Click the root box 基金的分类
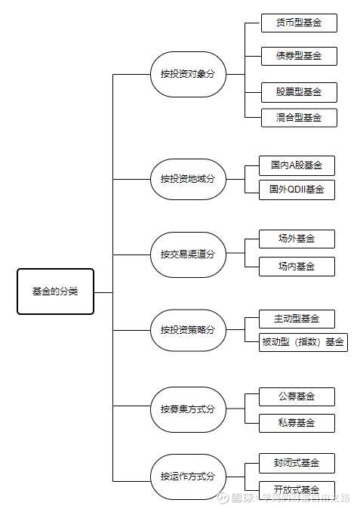(x=55, y=291)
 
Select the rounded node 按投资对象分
(x=188, y=74)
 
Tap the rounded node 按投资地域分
(x=188, y=179)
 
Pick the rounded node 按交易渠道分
(x=188, y=254)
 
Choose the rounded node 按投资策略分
(x=188, y=330)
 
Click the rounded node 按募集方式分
(x=188, y=409)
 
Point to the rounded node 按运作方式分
(x=188, y=477)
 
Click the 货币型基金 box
(x=298, y=23)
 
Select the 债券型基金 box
(x=298, y=56)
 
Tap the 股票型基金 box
(x=298, y=92)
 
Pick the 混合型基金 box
(x=298, y=117)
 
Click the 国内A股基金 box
(x=296, y=165)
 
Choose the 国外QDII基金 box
(x=296, y=190)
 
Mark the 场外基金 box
(x=296, y=239)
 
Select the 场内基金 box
(x=296, y=266)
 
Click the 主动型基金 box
(x=296, y=318)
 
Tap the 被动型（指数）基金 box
(x=303, y=342)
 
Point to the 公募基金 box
(x=296, y=396)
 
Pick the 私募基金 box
(x=296, y=422)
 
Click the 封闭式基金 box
(x=296, y=462)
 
